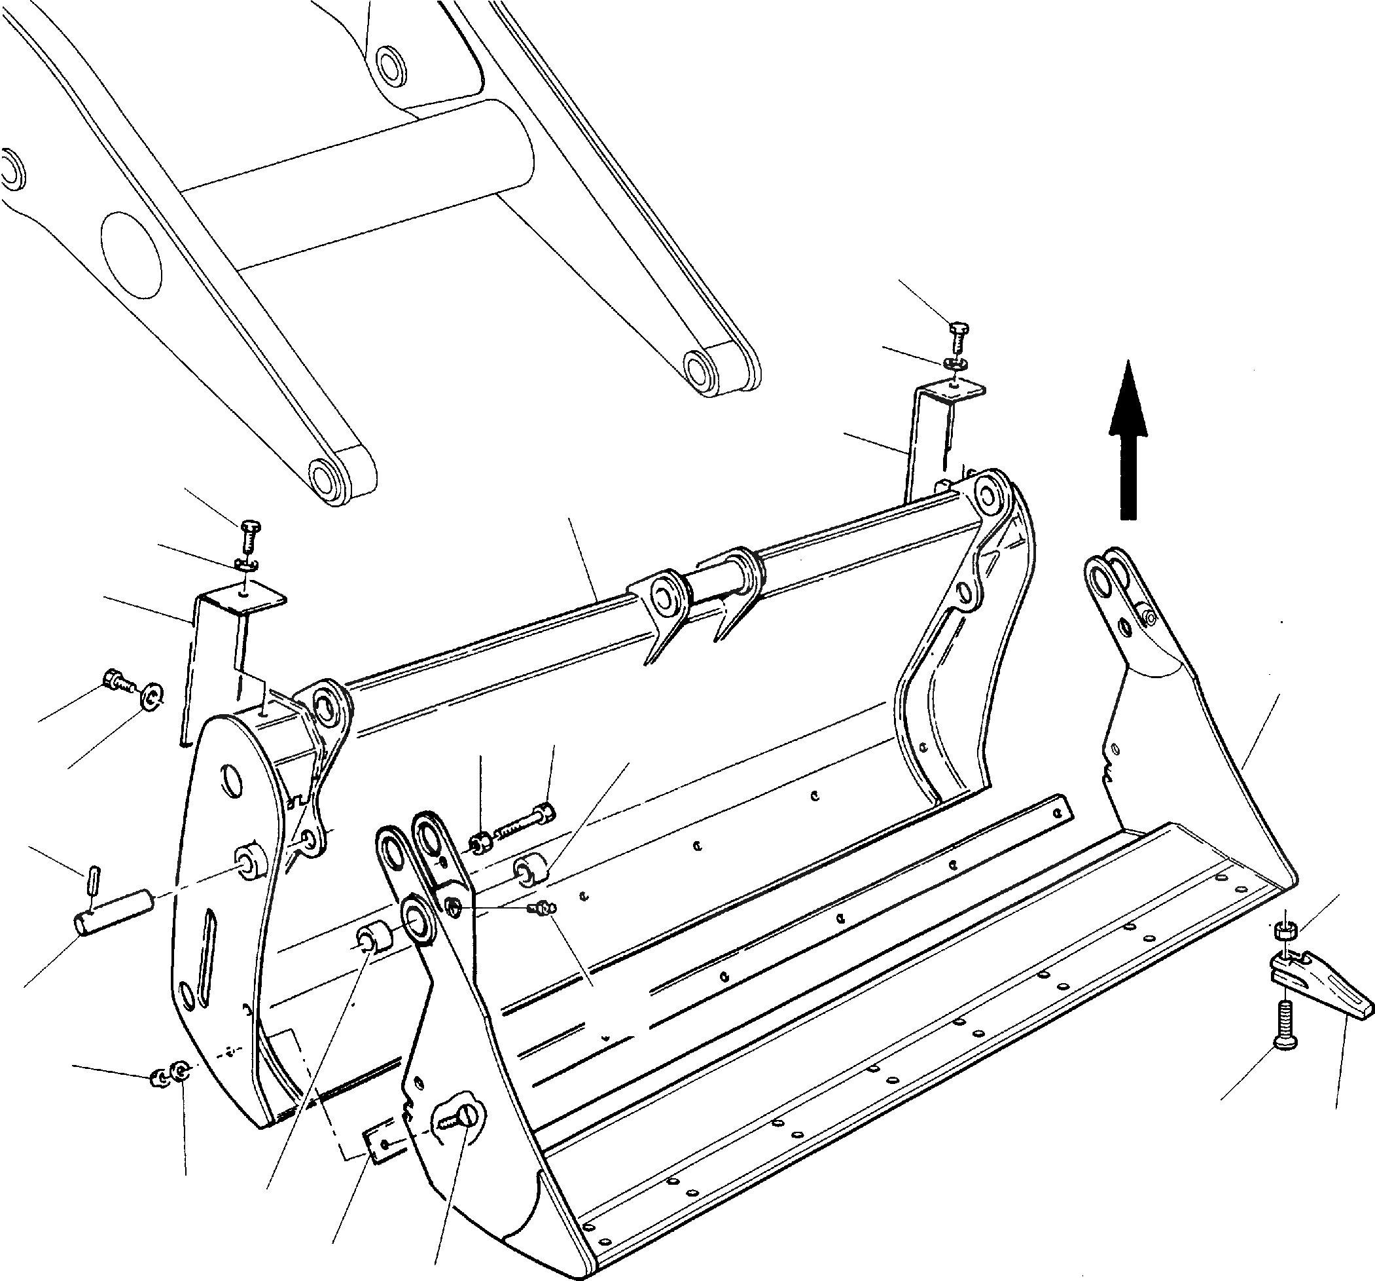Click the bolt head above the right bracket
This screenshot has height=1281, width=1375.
[x=959, y=331]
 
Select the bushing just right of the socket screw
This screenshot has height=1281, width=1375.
[x=533, y=870]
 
